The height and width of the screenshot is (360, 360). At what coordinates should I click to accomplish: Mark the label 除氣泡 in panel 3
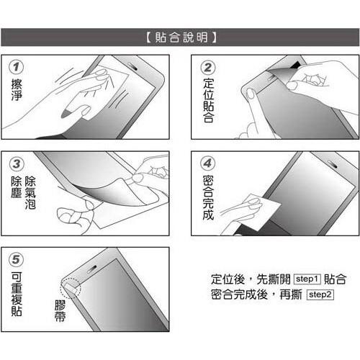pos(30,193)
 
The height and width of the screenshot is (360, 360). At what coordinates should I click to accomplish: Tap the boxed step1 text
pos(307,279)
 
